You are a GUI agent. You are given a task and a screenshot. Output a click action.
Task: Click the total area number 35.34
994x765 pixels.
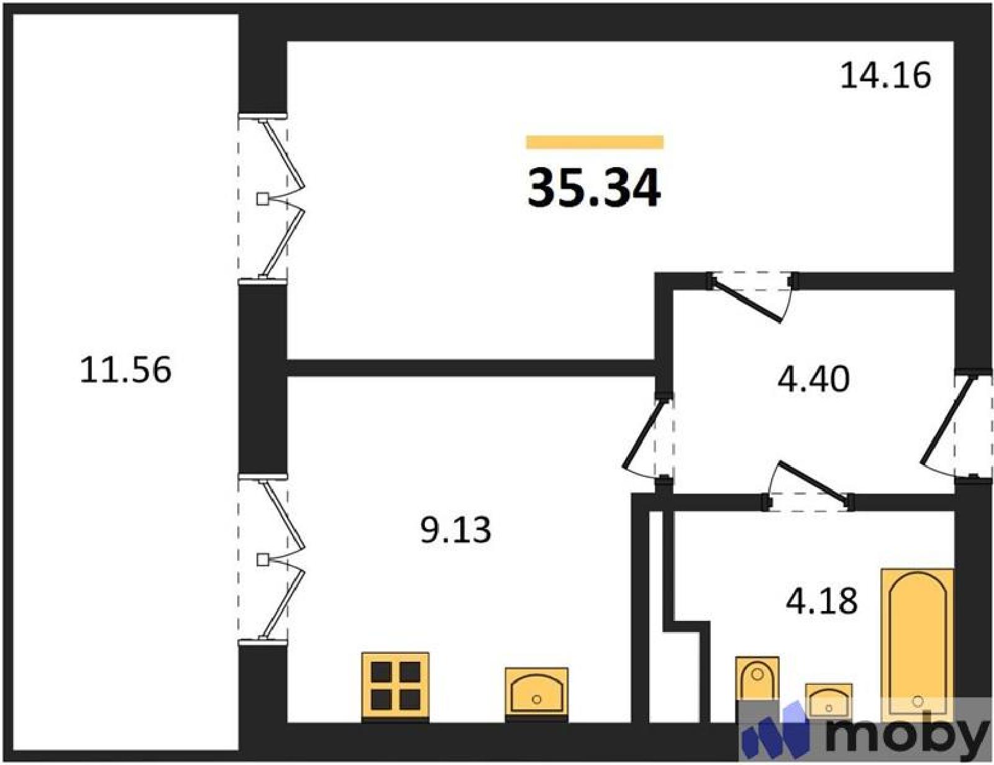click(594, 188)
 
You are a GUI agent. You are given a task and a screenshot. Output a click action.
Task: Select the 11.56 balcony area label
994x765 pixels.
click(125, 369)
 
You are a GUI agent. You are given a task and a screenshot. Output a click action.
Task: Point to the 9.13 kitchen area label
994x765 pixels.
click(455, 530)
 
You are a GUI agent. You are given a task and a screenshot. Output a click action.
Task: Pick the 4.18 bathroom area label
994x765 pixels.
click(821, 602)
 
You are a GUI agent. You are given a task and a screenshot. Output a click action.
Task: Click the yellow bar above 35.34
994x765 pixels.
click(595, 142)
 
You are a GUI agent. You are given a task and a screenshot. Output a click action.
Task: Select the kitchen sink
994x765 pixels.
click(537, 695)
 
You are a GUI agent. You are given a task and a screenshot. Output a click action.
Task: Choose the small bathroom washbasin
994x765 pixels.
click(828, 700)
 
